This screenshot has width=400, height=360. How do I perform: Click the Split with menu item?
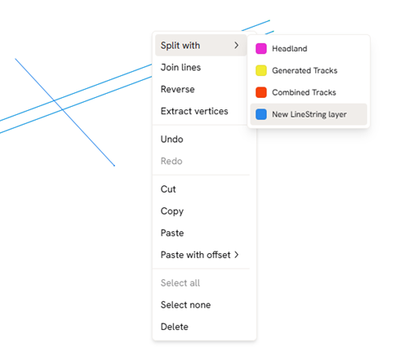click(x=180, y=46)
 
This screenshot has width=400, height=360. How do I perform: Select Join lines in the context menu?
click(x=180, y=67)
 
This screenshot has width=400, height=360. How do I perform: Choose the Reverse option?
click(x=177, y=89)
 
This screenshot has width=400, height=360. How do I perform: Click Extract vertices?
click(x=194, y=111)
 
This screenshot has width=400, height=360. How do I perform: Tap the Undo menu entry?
click(x=171, y=140)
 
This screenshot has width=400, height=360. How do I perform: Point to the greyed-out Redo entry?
click(x=171, y=161)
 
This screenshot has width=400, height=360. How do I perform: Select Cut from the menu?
click(x=168, y=189)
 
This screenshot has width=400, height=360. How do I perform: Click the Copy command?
click(x=172, y=211)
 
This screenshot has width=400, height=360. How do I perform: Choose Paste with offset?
click(x=195, y=255)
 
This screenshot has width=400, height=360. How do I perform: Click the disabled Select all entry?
click(x=180, y=283)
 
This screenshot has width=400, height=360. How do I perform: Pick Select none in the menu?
click(x=185, y=304)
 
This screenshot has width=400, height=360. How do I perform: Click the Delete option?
click(x=175, y=327)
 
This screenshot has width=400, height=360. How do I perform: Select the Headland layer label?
click(x=290, y=49)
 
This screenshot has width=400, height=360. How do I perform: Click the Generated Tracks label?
click(x=304, y=70)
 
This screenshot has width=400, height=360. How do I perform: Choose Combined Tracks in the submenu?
click(x=304, y=92)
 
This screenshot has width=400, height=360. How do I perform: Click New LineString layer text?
click(x=309, y=114)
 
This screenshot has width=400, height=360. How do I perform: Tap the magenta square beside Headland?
click(x=261, y=49)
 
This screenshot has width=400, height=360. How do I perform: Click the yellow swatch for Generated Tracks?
click(x=261, y=70)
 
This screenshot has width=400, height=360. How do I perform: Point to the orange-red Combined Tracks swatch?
click(x=261, y=92)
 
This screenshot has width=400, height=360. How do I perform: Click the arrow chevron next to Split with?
click(x=237, y=45)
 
